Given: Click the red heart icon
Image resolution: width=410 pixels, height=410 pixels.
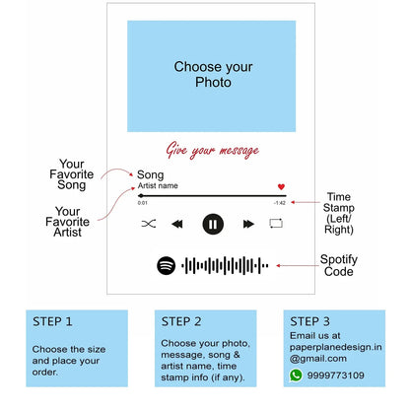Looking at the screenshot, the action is point(281,186).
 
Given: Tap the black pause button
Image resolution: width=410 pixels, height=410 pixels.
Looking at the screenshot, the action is point(213,224).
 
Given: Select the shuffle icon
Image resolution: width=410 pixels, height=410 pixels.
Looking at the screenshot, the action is point(149,224).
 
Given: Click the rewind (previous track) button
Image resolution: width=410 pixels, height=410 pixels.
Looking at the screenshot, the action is point(177,224).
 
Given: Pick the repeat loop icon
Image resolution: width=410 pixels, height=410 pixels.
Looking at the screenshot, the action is point(276,224).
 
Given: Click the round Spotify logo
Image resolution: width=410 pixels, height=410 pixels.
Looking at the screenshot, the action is point(167,265).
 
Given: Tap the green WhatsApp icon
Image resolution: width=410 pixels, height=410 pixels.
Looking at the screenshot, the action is point(296,376).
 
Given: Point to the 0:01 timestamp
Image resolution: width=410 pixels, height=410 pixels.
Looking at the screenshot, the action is point(143,203).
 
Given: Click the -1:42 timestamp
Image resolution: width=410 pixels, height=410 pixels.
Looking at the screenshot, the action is point(280,203).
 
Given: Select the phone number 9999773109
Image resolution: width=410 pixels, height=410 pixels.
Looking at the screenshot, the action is point(335,376).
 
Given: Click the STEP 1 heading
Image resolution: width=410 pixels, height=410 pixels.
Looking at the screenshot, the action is point(52,321).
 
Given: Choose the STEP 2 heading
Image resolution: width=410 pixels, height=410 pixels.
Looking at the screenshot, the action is point(181,321).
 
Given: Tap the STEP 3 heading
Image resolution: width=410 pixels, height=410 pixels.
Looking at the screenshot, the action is point(309,321).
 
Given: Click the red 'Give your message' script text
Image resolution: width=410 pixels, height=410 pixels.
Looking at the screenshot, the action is point(213,151).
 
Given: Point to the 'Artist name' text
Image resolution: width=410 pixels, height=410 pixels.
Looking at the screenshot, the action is point(158,186).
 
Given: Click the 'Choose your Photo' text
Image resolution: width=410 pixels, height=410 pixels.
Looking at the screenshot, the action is point(213,75).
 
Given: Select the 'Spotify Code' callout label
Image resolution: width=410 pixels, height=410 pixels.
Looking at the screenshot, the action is point(339,265).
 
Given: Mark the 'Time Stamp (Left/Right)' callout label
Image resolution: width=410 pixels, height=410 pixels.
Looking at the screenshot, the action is point(339,213).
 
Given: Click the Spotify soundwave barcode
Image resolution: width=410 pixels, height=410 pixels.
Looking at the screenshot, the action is point(225,265).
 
